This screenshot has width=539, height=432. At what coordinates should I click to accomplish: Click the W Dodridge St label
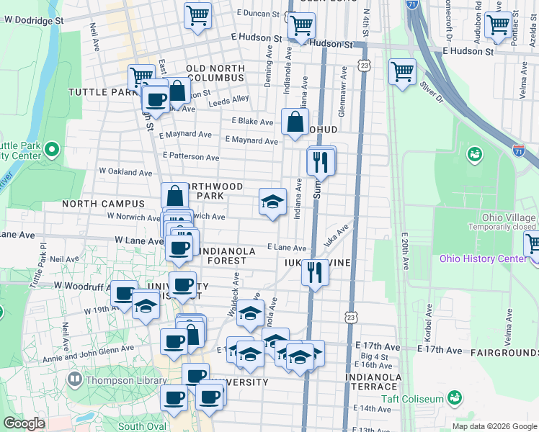pos(31,21)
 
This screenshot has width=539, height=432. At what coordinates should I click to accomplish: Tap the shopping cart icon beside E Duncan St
pos(197,15)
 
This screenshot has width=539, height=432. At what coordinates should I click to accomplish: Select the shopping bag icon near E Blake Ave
pos(295,122)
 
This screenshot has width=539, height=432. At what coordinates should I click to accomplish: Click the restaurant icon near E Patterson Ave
pos(321,161)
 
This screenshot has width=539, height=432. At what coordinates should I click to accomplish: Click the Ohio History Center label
pos(484,259)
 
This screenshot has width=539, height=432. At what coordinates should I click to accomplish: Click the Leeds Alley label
pos(228,102)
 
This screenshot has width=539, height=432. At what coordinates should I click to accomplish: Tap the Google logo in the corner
pos(24,423)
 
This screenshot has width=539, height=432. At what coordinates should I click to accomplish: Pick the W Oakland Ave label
pos(125,173)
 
